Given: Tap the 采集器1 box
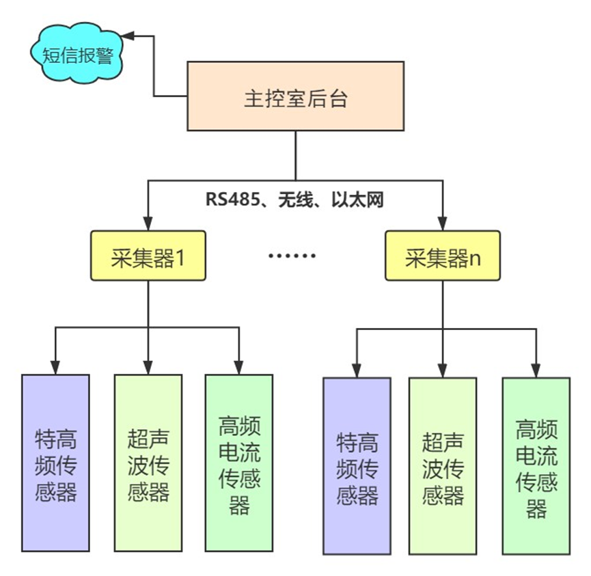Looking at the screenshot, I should (148, 256).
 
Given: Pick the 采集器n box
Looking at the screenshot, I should (442, 256).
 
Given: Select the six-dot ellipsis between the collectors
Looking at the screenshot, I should (292, 256).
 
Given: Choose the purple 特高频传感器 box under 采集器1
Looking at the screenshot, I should (55, 463).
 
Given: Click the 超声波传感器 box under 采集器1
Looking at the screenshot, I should (148, 463).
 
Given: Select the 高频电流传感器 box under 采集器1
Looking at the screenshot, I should (239, 463).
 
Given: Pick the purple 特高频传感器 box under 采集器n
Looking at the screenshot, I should (357, 465).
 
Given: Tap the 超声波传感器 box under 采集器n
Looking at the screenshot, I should (443, 465).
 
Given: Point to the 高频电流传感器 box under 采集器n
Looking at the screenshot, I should (536, 465).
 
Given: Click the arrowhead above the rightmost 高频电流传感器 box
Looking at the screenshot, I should (536, 371).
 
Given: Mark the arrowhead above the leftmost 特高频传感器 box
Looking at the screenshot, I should (55, 368).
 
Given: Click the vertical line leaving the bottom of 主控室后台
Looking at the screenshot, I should (295, 155).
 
